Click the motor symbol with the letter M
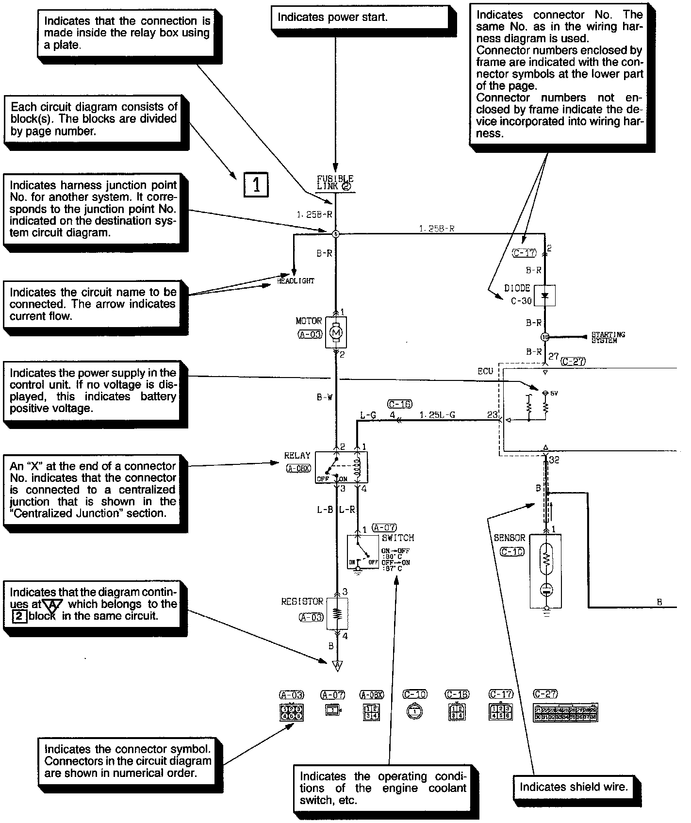coord(336,332)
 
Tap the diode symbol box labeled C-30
coord(544,296)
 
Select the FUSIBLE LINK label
coord(335,182)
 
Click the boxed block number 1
coord(255,184)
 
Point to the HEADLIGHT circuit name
coord(296,281)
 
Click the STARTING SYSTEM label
coord(608,338)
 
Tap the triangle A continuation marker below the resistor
coord(337,665)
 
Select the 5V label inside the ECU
coord(554,393)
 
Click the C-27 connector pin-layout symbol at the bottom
coord(565,712)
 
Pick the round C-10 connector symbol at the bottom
coord(414,711)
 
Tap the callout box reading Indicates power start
coord(359,18)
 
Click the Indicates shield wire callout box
coord(574,787)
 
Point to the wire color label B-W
coord(324,397)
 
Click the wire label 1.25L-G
coord(437,415)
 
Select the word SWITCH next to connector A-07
coord(398,538)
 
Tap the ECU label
coord(485,371)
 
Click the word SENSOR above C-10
coord(510,538)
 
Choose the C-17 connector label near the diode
coord(524,253)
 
